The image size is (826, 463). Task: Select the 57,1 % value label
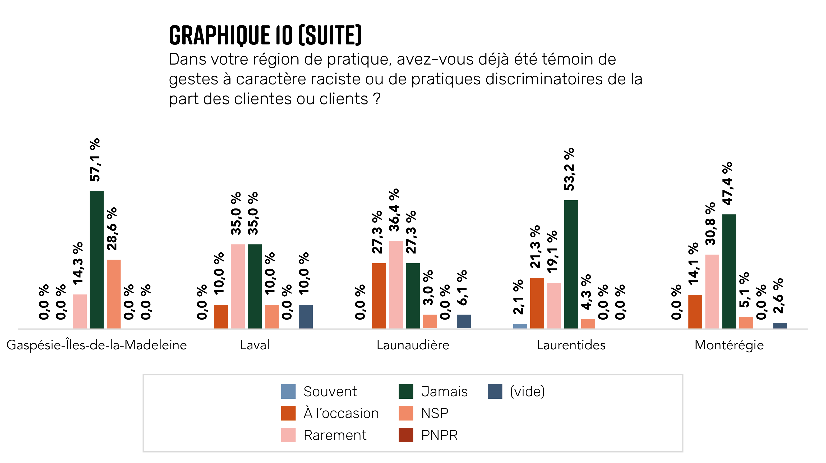pos(95,160)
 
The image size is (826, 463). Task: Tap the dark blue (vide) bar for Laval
pos(306,316)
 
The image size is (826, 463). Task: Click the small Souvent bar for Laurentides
pos(520,326)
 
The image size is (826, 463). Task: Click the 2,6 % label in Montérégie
pos(778,296)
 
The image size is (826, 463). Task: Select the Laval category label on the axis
pos(255,345)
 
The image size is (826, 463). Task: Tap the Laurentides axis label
pos(571,345)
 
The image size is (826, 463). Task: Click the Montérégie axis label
pos(729,345)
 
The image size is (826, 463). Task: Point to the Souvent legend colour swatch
pos(288,392)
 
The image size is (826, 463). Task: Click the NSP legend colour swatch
pos(406,413)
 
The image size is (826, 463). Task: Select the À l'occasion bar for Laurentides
pos(537,303)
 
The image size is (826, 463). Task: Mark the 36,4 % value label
pos(394,210)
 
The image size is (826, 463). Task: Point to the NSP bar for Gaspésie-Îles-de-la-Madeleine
pos(113,294)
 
